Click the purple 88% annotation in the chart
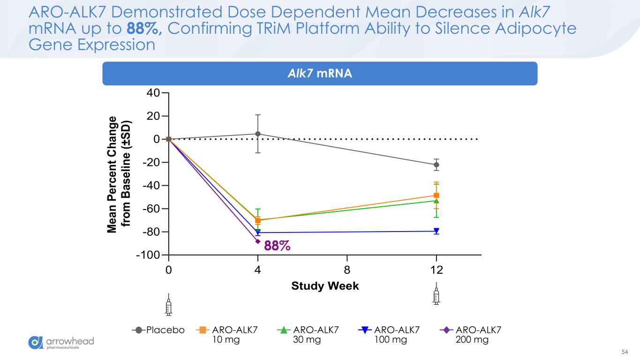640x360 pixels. click(277, 245)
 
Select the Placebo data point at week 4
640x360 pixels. click(258, 134)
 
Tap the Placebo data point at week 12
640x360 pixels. click(437, 165)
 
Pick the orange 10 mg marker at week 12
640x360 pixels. click(437, 195)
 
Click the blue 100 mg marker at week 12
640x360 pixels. click(437, 231)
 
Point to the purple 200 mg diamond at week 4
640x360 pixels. click(258, 241)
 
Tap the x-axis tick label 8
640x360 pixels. click(347, 271)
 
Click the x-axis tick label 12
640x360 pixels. click(437, 271)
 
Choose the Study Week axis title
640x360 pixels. click(325, 286)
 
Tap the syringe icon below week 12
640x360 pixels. click(437, 294)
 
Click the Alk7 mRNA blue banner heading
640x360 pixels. click(320, 74)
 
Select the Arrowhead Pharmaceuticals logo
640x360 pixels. click(61, 343)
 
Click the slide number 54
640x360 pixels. click(624, 352)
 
